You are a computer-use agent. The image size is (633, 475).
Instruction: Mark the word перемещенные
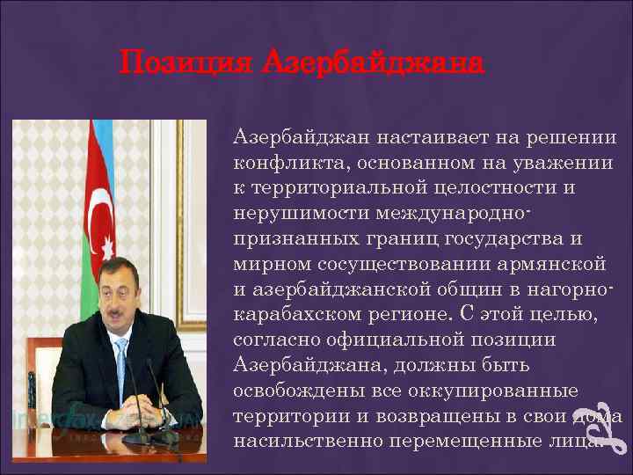[459, 440]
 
